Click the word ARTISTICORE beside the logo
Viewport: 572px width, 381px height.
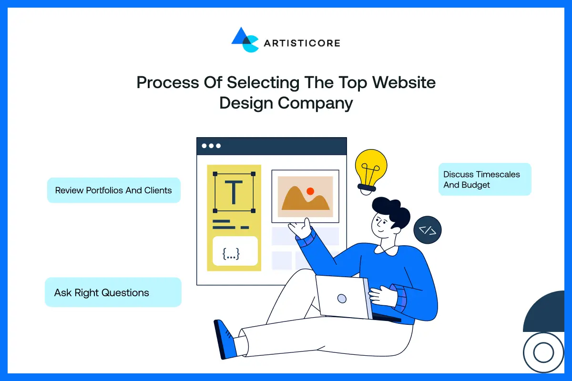[302, 43]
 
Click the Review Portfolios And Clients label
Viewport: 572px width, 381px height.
[113, 190]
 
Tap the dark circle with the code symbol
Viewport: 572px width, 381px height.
[428, 231]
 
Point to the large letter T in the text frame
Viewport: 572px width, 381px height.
[234, 192]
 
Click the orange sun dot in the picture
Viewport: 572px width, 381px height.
[310, 191]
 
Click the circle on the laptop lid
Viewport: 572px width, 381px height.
[342, 299]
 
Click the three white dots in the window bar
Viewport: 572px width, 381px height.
[211, 146]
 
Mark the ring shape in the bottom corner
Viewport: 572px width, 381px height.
[543, 353]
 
